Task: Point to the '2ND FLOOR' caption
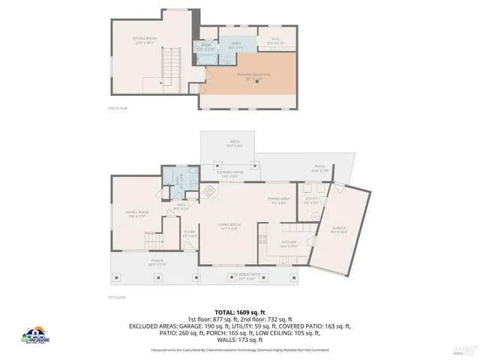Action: tap(118, 108)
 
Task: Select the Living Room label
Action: tap(229, 226)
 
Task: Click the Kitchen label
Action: tap(289, 243)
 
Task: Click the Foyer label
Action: tap(189, 232)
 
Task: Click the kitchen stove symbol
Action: tap(262, 239)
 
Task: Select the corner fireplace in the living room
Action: tap(205, 193)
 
